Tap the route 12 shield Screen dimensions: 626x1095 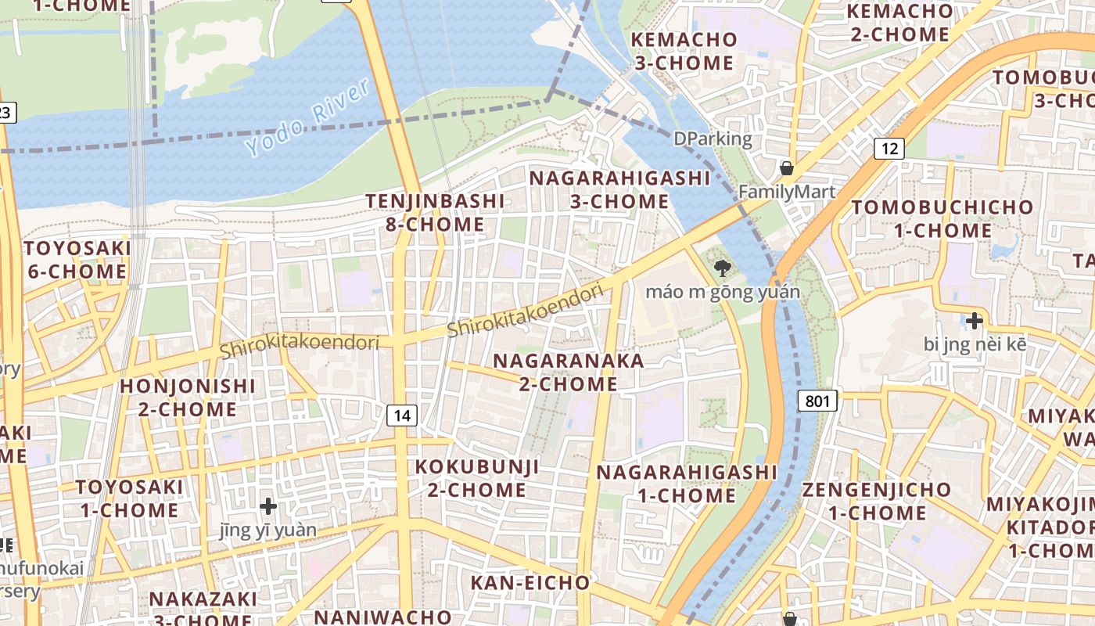tap(889, 148)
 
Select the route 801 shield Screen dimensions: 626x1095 tap(817, 401)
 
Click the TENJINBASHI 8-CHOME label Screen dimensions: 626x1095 tap(435, 213)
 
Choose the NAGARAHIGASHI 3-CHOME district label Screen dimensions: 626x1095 tap(619, 189)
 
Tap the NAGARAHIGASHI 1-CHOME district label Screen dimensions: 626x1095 tap(687, 484)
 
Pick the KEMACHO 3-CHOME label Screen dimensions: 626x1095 tap(684, 51)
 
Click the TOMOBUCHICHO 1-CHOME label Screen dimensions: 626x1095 tap(942, 219)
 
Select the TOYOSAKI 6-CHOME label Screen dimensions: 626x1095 tap(77, 260)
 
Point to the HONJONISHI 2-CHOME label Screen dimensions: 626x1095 tap(188, 398)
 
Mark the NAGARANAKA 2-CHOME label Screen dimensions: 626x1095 tap(569, 372)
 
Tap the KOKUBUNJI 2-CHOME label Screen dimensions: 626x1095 tap(477, 478)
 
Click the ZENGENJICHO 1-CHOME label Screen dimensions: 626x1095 tap(876, 502)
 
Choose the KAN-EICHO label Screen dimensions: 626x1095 tap(530, 583)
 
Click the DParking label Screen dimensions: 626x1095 tap(713, 139)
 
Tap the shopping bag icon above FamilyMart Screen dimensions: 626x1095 tap(787, 168)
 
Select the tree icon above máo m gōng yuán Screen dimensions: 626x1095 tap(723, 269)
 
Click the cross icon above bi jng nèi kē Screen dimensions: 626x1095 tap(974, 320)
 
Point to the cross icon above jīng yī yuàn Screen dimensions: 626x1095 tap(268, 506)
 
